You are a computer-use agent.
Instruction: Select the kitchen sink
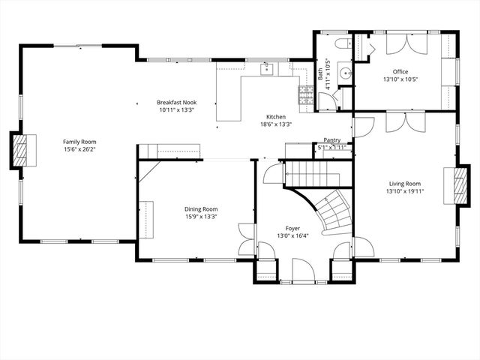tap(266, 70)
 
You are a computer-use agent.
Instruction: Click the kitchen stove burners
tap(306, 94)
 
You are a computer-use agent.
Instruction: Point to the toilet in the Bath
tap(342, 43)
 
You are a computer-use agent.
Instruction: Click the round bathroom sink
tap(345, 73)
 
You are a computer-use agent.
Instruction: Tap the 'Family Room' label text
tap(79, 141)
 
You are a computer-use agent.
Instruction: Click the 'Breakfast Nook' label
tap(177, 102)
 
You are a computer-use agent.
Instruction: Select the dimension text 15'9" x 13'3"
tap(201, 217)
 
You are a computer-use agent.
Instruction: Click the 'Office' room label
tap(400, 71)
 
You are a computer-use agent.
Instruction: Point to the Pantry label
tap(331, 140)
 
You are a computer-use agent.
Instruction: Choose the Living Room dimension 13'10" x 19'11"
tap(404, 191)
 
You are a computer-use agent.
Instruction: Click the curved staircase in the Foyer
tap(331, 210)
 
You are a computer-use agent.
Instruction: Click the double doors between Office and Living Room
tap(405, 121)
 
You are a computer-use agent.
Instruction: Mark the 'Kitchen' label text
tap(276, 117)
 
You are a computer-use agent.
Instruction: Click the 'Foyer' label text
tap(293, 228)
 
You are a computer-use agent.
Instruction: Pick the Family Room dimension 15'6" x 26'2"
tap(79, 148)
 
